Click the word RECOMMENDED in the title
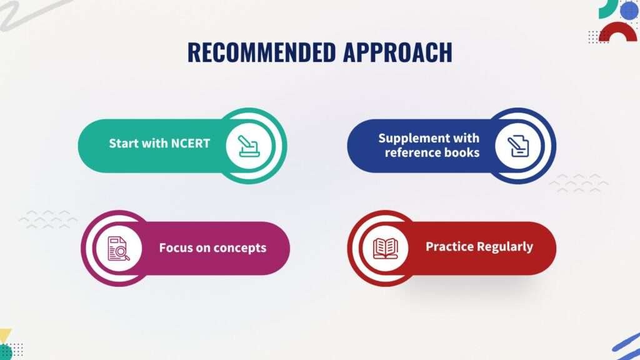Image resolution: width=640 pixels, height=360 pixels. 262,52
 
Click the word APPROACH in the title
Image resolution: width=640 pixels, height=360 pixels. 397,52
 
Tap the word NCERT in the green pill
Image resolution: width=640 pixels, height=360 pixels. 190,143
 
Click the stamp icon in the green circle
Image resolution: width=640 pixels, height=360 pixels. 249,146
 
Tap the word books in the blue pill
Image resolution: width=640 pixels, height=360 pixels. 461,152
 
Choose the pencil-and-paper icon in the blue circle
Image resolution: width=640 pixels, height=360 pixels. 518,146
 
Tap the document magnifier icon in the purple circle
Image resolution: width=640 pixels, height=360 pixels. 118,248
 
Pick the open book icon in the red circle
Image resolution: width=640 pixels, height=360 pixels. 385,248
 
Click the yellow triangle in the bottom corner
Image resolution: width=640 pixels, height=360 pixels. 5,336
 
